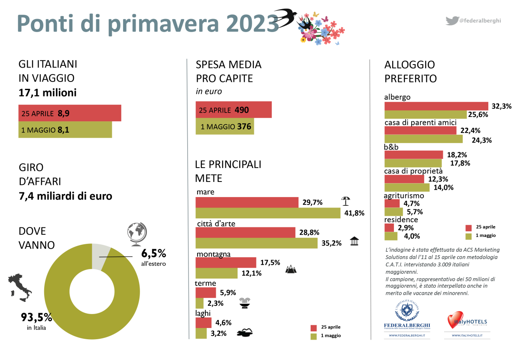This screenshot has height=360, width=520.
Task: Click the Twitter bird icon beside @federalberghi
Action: click(452, 20)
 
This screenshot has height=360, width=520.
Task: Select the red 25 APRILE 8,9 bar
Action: click(69, 113)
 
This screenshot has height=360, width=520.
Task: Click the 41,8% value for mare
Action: click(354, 213)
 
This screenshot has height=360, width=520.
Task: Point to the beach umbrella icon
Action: click(345, 201)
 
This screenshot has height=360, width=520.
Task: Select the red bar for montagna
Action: click(226, 263)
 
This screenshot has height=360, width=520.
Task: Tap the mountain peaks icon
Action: click(291, 269)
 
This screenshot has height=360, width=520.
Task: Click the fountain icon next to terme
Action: click(246, 302)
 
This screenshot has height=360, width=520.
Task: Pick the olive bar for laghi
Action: click(201, 333)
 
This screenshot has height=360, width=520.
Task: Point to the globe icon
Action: click(136, 234)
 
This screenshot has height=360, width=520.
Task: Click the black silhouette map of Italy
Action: click(19, 289)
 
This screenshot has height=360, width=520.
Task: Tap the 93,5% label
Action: click(37, 318)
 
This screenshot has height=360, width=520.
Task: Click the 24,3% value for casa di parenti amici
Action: click(476, 140)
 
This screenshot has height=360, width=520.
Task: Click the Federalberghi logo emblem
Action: click(406, 311)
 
